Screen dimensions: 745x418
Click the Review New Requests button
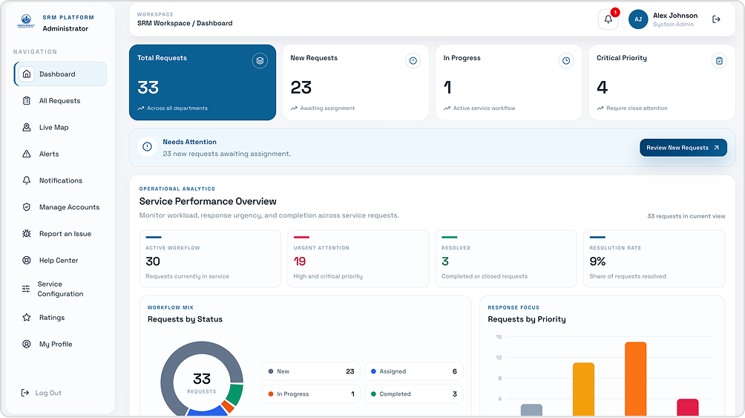[x=683, y=148]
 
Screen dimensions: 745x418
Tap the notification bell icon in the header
[x=608, y=19]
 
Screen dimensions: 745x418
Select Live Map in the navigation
[x=53, y=128]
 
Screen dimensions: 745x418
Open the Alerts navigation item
[x=49, y=154]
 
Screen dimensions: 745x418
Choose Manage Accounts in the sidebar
[x=69, y=207]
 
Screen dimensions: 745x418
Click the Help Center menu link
[x=59, y=261]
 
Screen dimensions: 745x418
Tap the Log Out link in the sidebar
[x=48, y=393]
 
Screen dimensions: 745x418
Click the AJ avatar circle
[x=638, y=19]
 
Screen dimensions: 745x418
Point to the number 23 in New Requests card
[x=301, y=88]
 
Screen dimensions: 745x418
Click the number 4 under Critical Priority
[x=602, y=88]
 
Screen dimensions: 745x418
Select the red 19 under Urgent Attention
[x=299, y=261]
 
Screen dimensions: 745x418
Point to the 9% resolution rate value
[x=598, y=261]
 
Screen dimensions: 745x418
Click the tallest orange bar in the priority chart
[x=636, y=379]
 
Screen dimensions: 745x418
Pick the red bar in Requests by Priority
[x=688, y=408]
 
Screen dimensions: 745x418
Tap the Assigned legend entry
[x=414, y=371]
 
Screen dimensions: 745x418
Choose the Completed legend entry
[x=414, y=393]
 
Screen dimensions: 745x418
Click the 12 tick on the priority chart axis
[x=499, y=358]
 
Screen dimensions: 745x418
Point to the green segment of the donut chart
[x=234, y=393]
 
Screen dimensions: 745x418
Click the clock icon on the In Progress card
[x=566, y=61]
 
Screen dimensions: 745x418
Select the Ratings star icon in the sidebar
[x=27, y=317]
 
